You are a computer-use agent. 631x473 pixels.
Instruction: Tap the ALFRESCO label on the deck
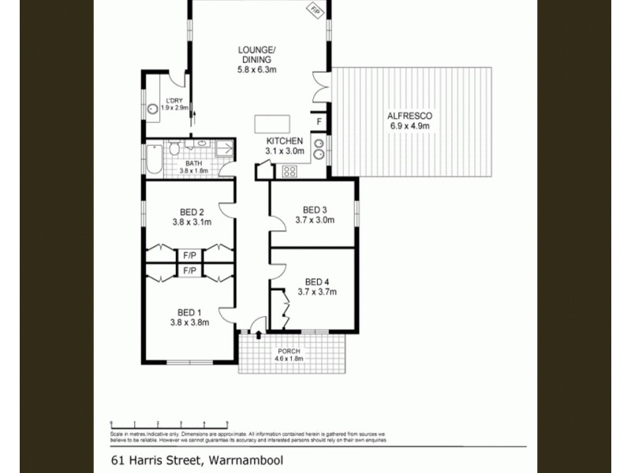coord(409,115)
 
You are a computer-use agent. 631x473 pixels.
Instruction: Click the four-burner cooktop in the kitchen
coord(288,171)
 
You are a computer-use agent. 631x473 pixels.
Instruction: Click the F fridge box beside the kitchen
coord(319,121)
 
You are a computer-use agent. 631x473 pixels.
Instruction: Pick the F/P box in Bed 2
coord(189,255)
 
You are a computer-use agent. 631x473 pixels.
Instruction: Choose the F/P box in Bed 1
coord(189,270)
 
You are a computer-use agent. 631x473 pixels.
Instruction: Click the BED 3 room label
coord(315,210)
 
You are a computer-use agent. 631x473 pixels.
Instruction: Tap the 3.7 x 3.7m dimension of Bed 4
coord(316,292)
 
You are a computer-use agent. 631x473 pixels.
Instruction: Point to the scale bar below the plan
coord(169,424)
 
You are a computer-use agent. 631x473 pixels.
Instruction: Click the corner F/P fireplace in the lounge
coord(315,11)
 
